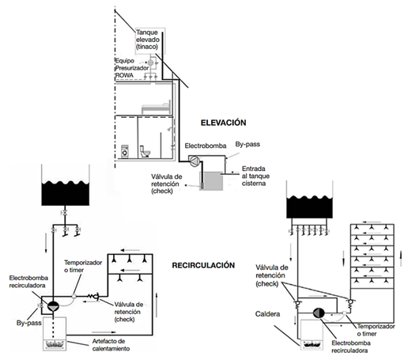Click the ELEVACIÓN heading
click(x=224, y=123)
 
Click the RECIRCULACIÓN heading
click(x=203, y=265)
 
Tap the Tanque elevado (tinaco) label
click(x=148, y=40)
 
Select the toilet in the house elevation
click(x=145, y=151)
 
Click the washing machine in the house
click(x=125, y=151)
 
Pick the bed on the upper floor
click(x=156, y=108)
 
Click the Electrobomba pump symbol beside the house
click(x=195, y=161)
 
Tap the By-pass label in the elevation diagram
click(x=247, y=144)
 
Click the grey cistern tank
click(x=211, y=181)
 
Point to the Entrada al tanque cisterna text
click(x=255, y=176)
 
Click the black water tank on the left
click(x=66, y=193)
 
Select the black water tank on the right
click(x=309, y=207)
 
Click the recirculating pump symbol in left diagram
click(x=53, y=306)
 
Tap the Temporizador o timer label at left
click(x=83, y=266)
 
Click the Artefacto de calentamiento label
click(x=111, y=345)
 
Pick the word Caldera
click(x=267, y=314)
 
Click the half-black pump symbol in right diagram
click(x=319, y=313)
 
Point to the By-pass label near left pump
click(x=28, y=323)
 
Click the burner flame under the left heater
click(x=55, y=344)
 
